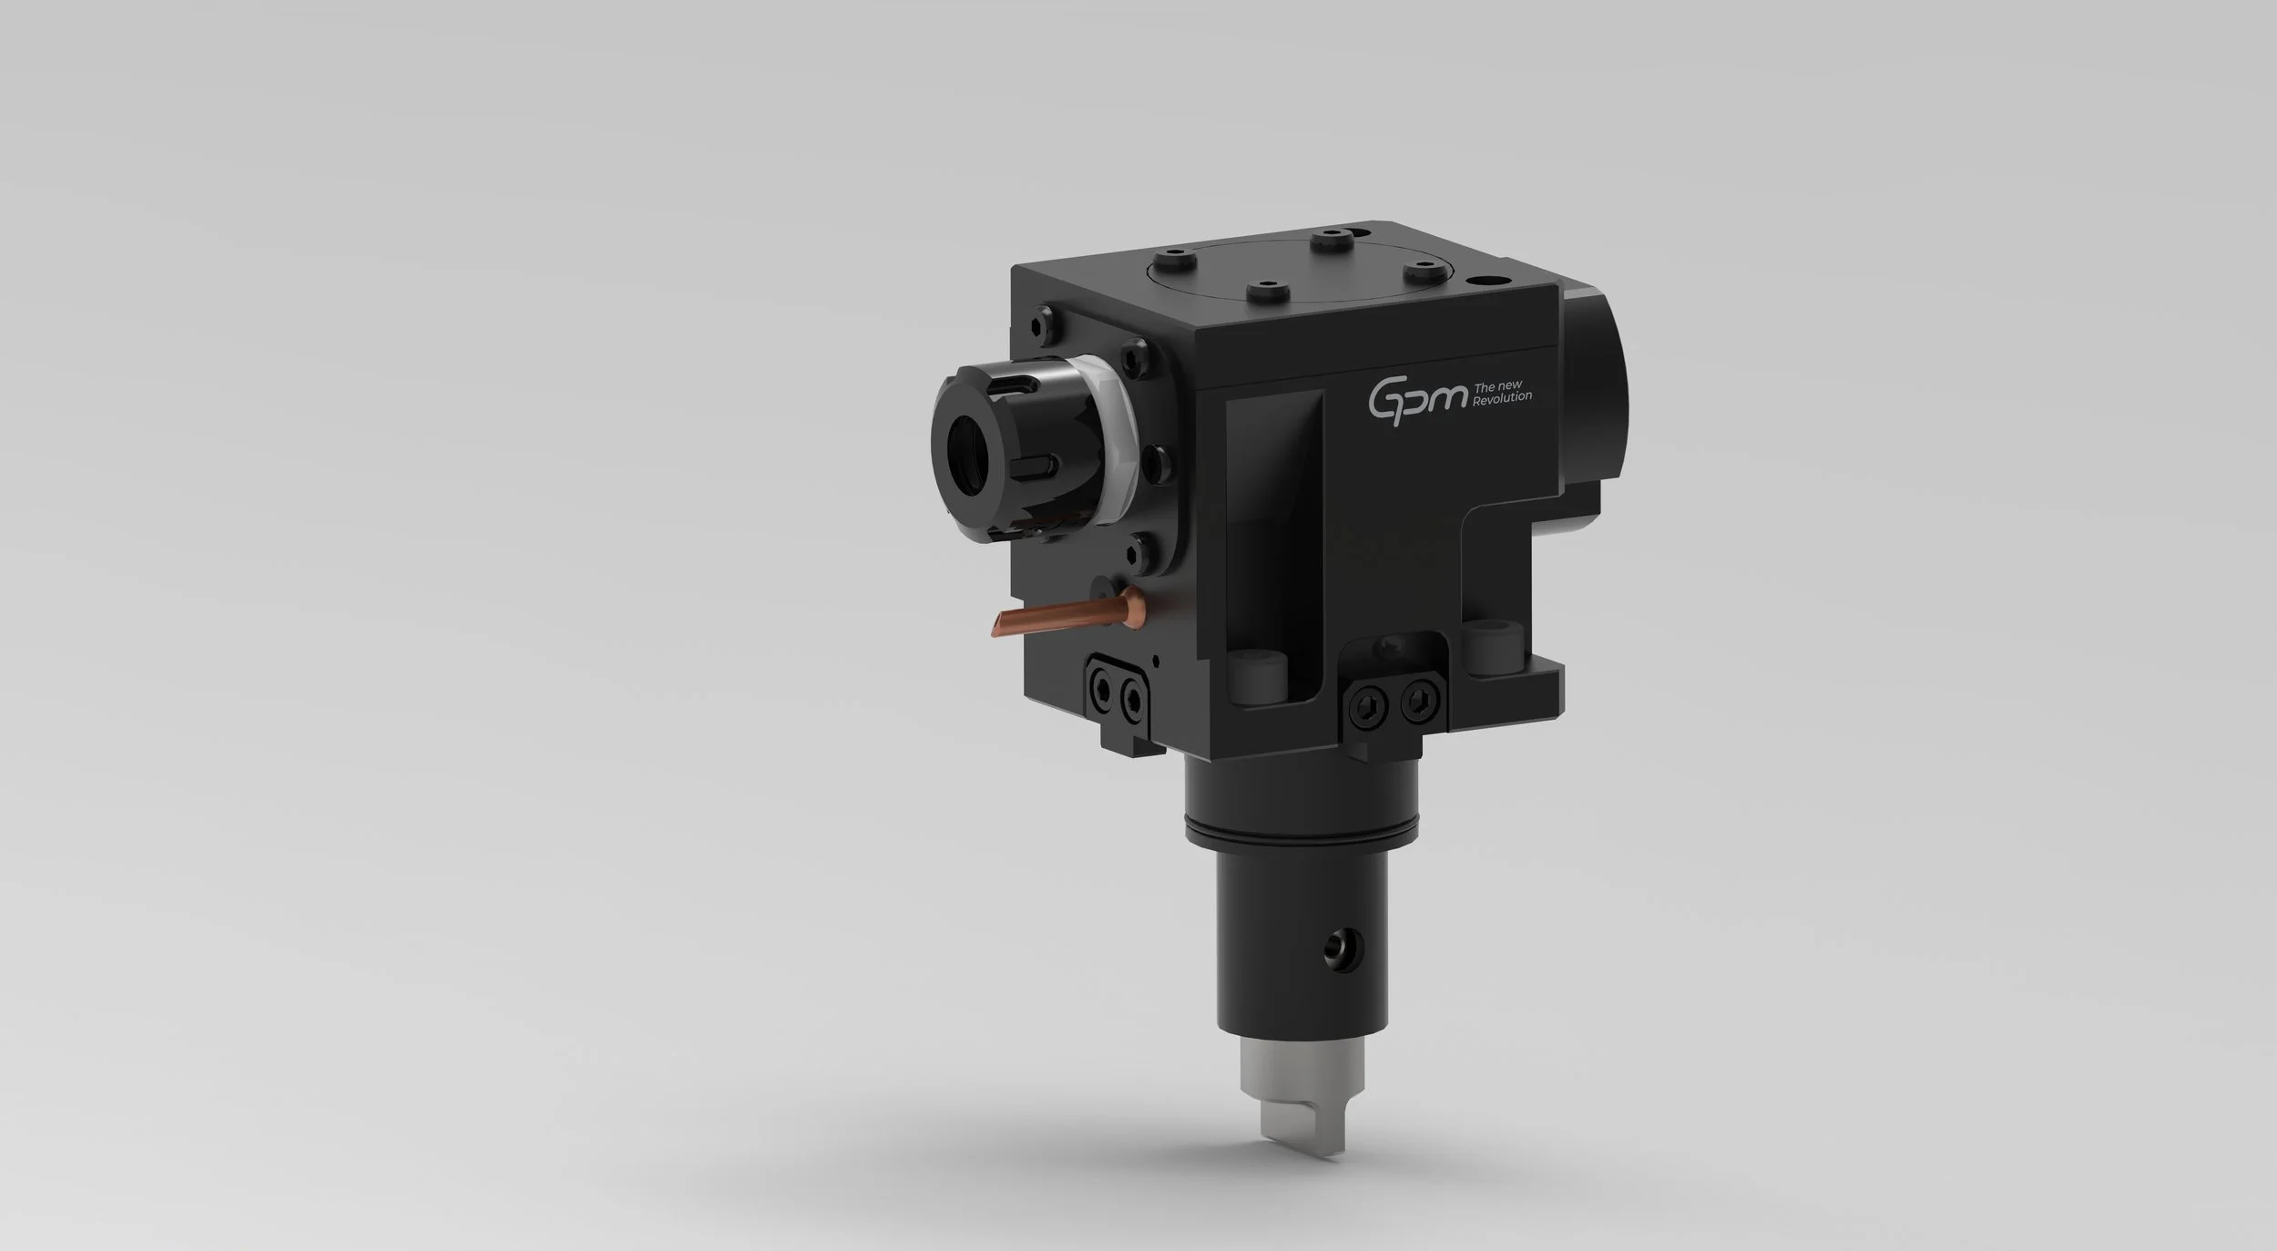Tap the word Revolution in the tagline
tap(1503, 397)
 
